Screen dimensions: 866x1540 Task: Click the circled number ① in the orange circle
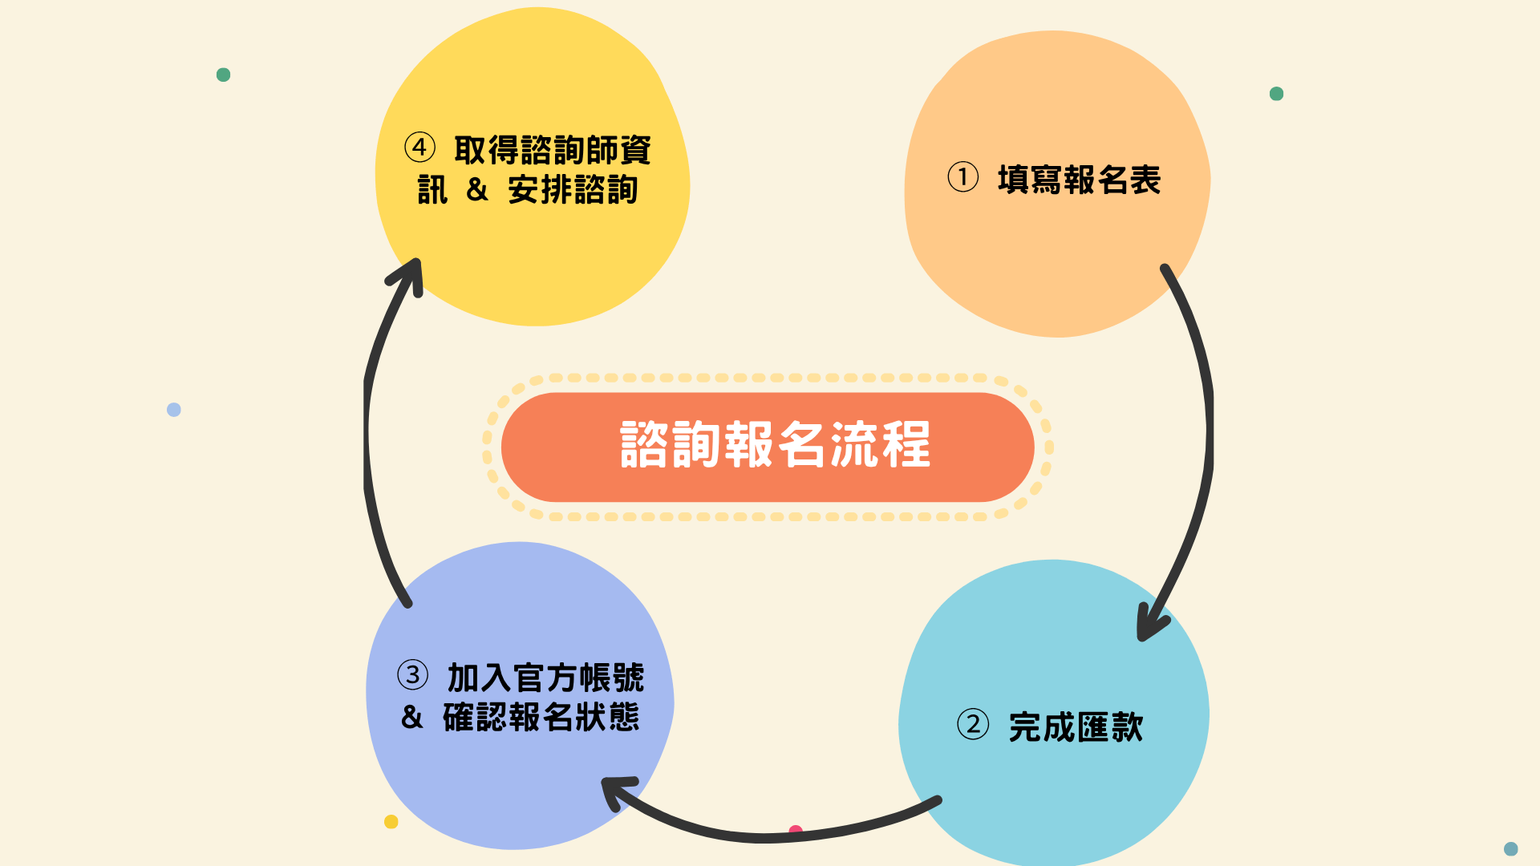(x=962, y=177)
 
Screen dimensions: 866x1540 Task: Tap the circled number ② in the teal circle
(x=973, y=724)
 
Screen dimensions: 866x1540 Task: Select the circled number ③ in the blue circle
(x=413, y=675)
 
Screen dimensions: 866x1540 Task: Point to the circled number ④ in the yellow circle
(x=419, y=148)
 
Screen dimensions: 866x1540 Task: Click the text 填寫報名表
(x=1079, y=180)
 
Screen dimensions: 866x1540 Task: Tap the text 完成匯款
(x=1076, y=727)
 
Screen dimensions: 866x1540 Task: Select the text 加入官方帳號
(x=545, y=678)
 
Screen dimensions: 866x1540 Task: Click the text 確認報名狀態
(x=541, y=717)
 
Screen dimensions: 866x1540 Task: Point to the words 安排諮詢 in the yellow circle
(x=573, y=190)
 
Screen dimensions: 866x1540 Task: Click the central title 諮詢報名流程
(x=775, y=445)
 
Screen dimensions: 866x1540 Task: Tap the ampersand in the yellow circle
(x=476, y=190)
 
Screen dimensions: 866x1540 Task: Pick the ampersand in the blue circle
(x=411, y=717)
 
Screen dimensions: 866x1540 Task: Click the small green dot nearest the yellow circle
(x=224, y=75)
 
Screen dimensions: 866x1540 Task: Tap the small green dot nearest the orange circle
(x=1276, y=94)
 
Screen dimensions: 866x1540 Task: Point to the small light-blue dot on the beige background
(x=174, y=410)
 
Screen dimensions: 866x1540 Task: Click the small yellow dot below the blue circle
(x=391, y=821)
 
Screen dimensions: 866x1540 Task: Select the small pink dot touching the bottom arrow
(x=796, y=829)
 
